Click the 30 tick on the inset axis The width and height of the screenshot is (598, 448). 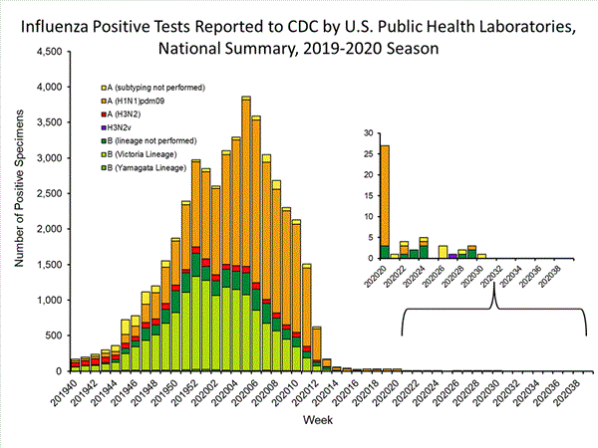click(x=369, y=132)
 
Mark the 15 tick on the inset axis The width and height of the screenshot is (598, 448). click(x=369, y=195)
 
